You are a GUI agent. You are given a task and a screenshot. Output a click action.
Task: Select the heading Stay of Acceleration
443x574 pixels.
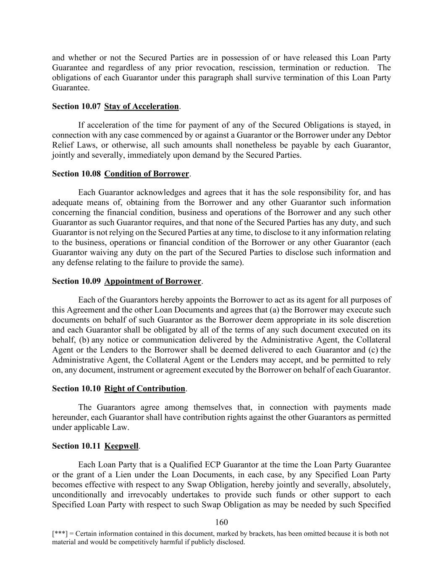click(x=142, y=106)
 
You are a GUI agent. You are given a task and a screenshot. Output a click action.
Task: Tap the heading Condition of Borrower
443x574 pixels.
click(x=147, y=174)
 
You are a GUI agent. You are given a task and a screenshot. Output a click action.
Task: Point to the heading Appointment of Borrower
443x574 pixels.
click(x=153, y=281)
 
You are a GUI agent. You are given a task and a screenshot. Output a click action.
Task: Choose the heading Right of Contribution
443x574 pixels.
click(x=144, y=389)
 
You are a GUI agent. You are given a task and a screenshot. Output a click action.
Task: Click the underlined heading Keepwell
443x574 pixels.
click(x=121, y=446)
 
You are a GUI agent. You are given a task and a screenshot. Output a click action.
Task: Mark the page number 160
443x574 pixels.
click(x=221, y=522)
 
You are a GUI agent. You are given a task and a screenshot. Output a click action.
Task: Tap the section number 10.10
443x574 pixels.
click(x=89, y=389)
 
